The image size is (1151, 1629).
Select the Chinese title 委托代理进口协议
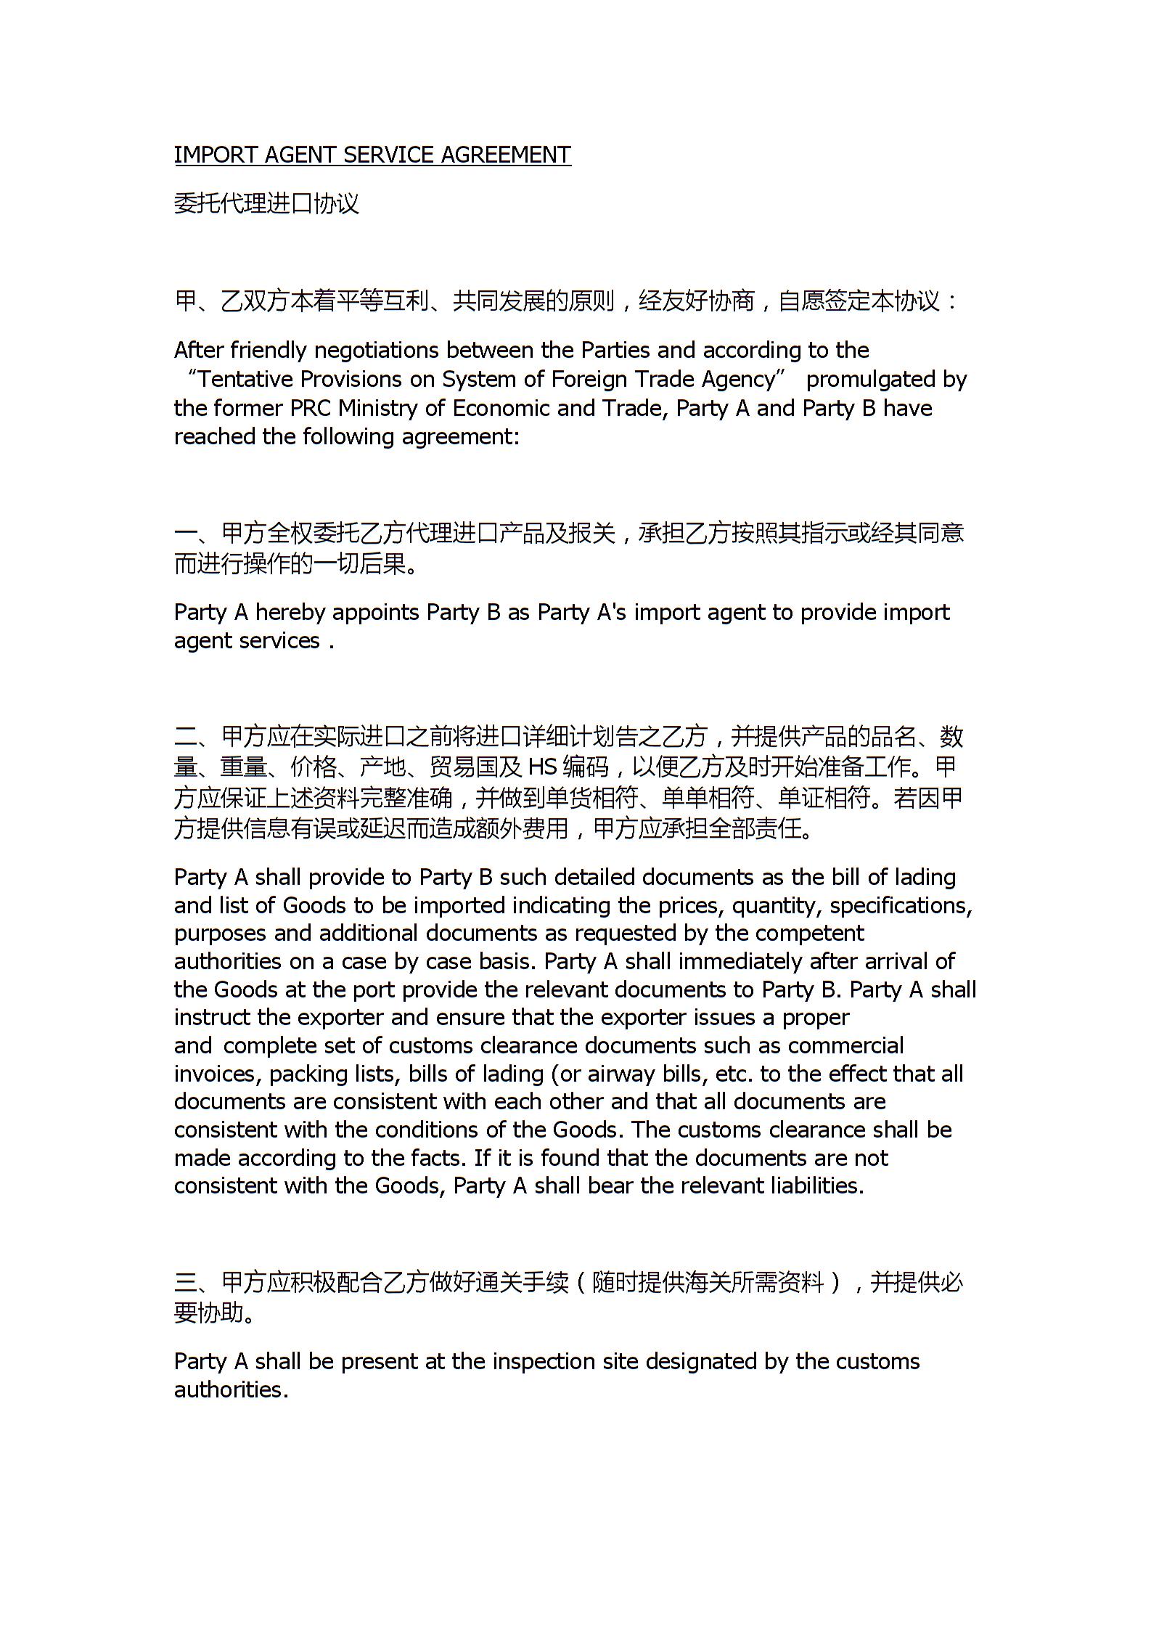pyautogui.click(x=266, y=203)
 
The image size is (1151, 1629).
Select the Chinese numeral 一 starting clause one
pyautogui.click(x=186, y=534)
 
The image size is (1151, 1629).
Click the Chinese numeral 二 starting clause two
pyautogui.click(x=186, y=738)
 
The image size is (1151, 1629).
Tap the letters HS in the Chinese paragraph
pyautogui.click(x=541, y=767)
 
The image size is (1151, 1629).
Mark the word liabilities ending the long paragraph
pyautogui.click(x=817, y=1185)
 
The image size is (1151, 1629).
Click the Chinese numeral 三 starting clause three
pyautogui.click(x=186, y=1283)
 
